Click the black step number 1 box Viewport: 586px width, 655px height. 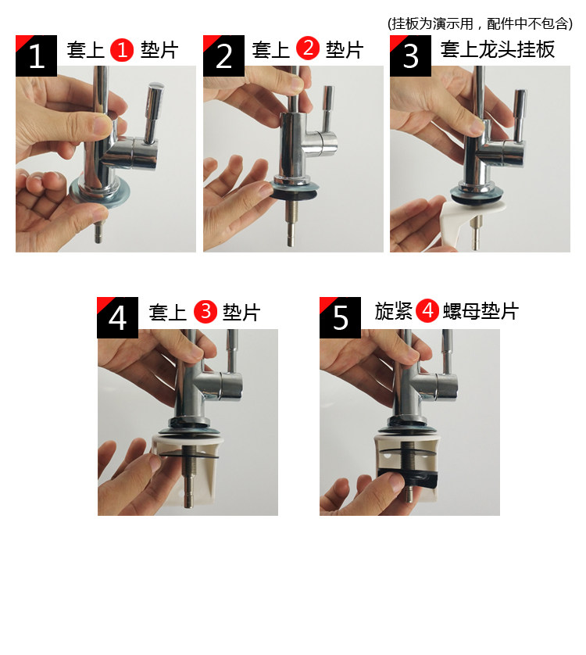37,56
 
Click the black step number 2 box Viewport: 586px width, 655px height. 224,56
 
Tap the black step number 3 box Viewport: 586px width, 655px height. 410,56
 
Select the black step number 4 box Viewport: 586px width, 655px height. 117,317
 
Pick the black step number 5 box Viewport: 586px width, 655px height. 340,317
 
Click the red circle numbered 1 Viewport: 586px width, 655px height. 122,50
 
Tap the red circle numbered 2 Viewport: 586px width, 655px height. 308,48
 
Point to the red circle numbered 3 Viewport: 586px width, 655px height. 205,311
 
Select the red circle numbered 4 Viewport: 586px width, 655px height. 427,311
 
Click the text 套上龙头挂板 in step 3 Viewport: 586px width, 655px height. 498,49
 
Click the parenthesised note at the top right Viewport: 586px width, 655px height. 480,23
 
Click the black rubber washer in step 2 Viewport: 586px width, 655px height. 295,193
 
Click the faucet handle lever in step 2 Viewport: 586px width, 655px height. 327,109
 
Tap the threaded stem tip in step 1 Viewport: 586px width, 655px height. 98,231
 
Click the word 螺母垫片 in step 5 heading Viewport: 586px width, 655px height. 481,311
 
